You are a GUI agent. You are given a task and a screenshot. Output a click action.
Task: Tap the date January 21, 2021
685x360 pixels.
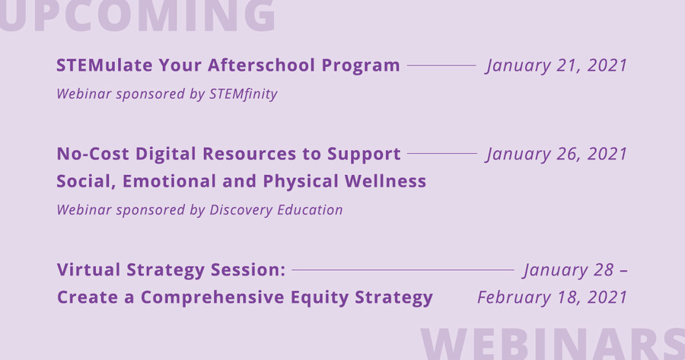tap(556, 65)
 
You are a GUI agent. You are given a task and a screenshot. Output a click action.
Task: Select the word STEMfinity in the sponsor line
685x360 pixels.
tap(244, 94)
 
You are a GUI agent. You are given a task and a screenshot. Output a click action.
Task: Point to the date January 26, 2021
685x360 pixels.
tap(556, 154)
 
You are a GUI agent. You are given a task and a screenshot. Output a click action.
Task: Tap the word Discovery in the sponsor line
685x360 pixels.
tap(241, 210)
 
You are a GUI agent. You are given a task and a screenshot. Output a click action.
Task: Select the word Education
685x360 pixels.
tap(310, 210)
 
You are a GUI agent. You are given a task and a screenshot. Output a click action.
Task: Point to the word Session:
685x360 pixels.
tap(248, 269)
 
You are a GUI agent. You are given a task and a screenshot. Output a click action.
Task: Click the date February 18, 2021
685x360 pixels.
tap(553, 298)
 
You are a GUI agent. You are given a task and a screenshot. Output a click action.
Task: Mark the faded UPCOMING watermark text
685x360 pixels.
tap(138, 16)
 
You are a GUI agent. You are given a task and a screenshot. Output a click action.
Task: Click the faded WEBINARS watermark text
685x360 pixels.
tap(553, 344)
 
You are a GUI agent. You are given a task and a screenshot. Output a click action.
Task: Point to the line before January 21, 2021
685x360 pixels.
tap(441, 65)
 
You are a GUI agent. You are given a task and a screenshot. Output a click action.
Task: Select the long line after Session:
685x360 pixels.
tap(403, 270)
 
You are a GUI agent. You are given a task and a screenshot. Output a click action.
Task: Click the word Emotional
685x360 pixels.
tap(169, 181)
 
